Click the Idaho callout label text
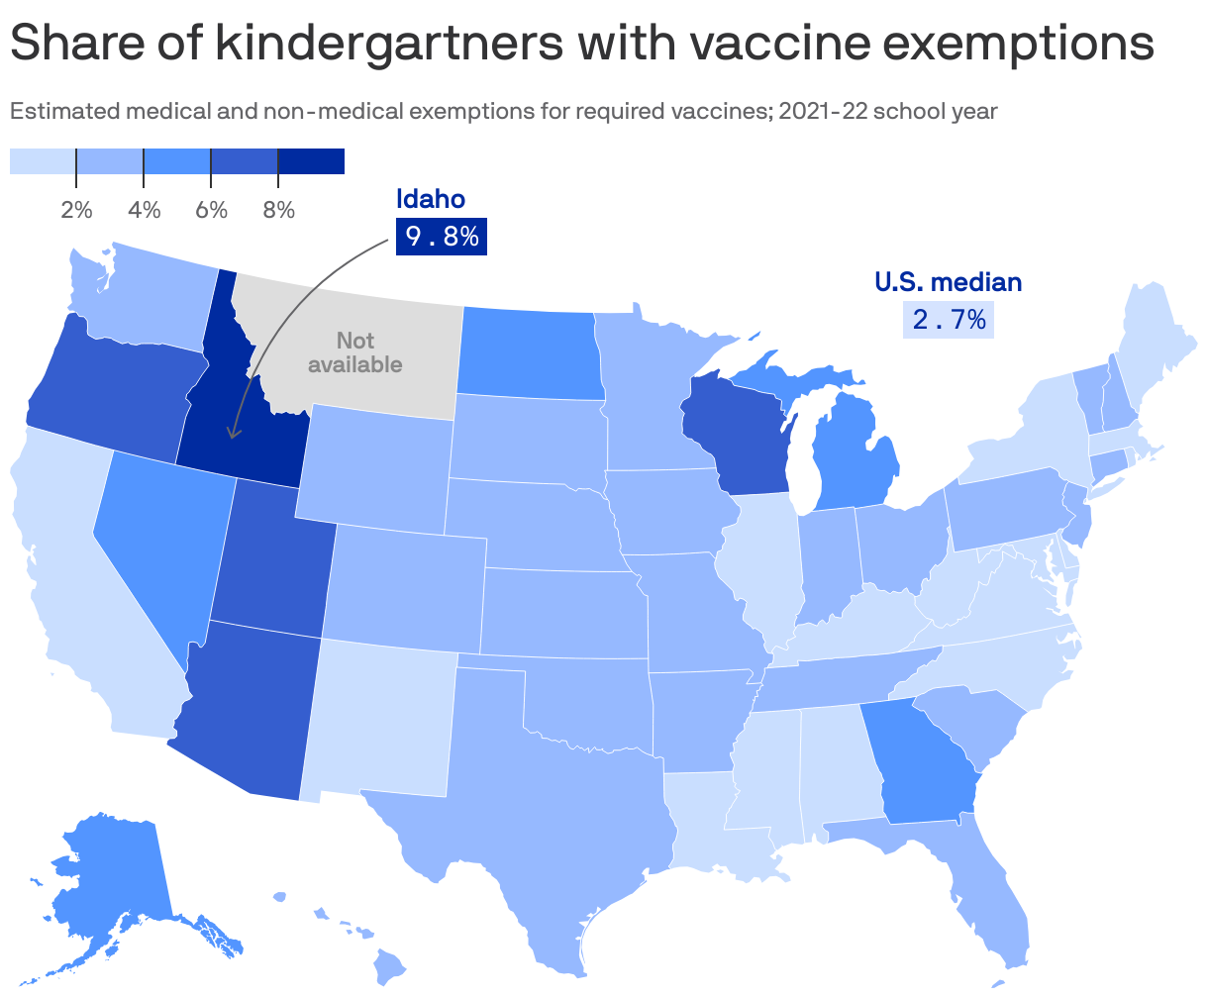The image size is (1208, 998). tap(431, 199)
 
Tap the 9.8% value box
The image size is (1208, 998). tap(442, 237)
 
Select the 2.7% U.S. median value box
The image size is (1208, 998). tap(948, 320)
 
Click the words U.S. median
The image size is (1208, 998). tap(948, 282)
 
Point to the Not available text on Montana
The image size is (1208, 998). tap(354, 352)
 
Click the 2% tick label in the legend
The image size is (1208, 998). tap(76, 210)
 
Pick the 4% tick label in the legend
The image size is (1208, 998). tap(144, 210)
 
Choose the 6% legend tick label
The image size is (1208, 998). tap(211, 210)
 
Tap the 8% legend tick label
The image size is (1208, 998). tap(278, 210)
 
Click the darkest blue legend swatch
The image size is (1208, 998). tap(311, 161)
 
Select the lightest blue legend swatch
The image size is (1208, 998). tap(43, 161)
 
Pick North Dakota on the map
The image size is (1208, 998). tap(530, 351)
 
